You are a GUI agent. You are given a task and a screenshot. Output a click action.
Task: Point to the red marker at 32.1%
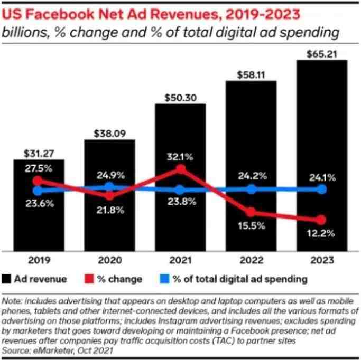181,169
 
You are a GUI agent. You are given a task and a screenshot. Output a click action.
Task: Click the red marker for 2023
321,220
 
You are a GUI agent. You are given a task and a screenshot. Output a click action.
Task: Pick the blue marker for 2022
251,190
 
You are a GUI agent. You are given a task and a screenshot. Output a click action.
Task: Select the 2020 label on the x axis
109,260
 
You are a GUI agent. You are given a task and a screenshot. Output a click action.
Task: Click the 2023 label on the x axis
321,260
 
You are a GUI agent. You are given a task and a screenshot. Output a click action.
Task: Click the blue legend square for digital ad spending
165,278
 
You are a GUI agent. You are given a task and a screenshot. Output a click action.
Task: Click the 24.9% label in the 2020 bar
109,175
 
